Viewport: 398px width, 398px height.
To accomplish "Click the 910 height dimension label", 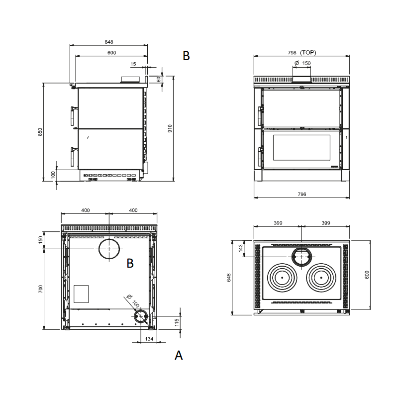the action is point(170,128).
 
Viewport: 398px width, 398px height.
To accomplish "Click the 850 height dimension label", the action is point(40,132).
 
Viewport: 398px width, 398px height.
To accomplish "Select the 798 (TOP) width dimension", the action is point(302,53).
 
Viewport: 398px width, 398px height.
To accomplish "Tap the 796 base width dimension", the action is point(302,194).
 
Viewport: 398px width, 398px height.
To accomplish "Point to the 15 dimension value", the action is point(133,64).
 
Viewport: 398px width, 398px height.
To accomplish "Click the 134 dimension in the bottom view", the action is point(149,339).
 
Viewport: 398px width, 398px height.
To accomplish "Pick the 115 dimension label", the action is point(177,322).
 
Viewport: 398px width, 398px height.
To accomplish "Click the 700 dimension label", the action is point(40,289).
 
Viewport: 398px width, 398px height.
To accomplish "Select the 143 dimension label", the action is point(241,248).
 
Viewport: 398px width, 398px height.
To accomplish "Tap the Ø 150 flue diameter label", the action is point(302,63).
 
